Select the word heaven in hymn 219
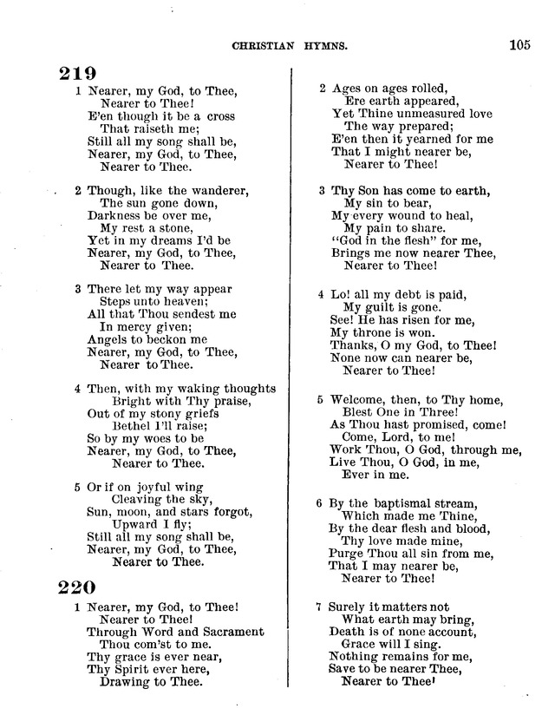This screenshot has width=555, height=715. tap(176, 301)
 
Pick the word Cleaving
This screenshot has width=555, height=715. tap(139, 499)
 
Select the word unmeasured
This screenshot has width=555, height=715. tap(417, 113)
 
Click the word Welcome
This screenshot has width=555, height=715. tap(357, 400)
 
